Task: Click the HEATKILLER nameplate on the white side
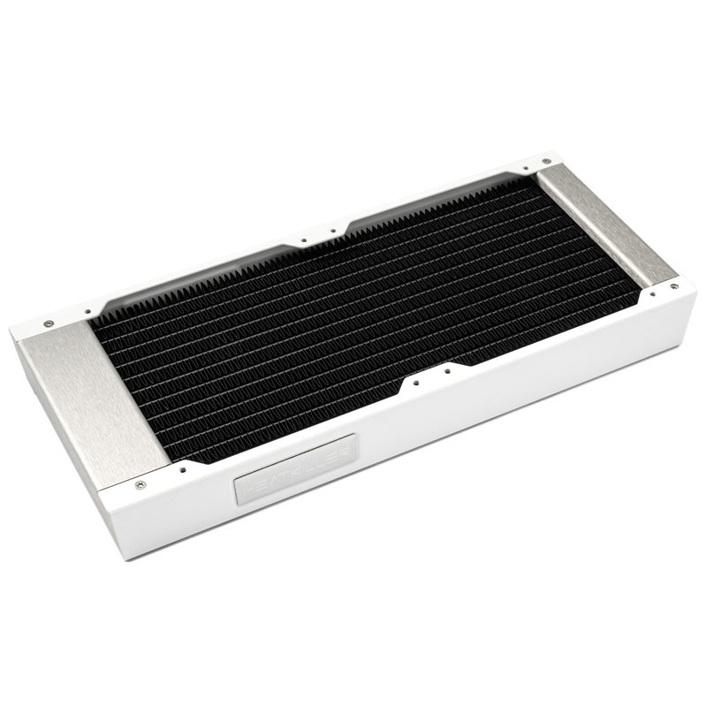coord(297,468)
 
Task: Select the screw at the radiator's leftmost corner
coord(47,323)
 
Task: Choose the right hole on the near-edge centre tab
coord(448,370)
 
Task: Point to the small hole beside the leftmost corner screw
coord(87,311)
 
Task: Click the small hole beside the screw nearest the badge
coord(182,469)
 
